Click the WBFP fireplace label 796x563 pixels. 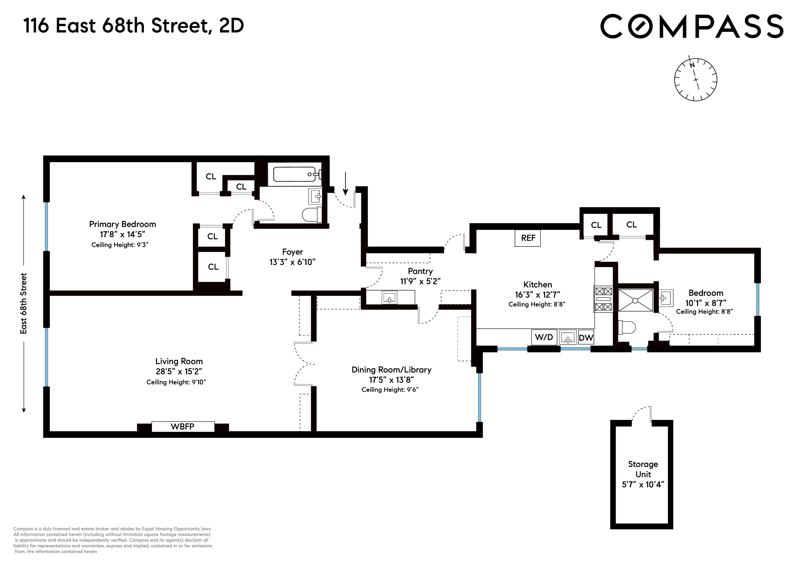183,426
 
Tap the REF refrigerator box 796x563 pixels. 528,238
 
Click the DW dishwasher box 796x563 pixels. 586,338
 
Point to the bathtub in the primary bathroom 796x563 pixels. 295,174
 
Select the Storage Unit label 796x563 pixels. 643,469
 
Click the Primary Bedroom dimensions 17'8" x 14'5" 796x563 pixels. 122,235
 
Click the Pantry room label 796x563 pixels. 420,271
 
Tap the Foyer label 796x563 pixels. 292,252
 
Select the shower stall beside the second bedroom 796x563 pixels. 635,300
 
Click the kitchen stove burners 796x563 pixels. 603,299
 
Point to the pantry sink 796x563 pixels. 389,298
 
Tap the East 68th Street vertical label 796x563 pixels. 23,304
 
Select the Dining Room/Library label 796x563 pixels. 391,370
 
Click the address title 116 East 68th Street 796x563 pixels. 133,26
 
